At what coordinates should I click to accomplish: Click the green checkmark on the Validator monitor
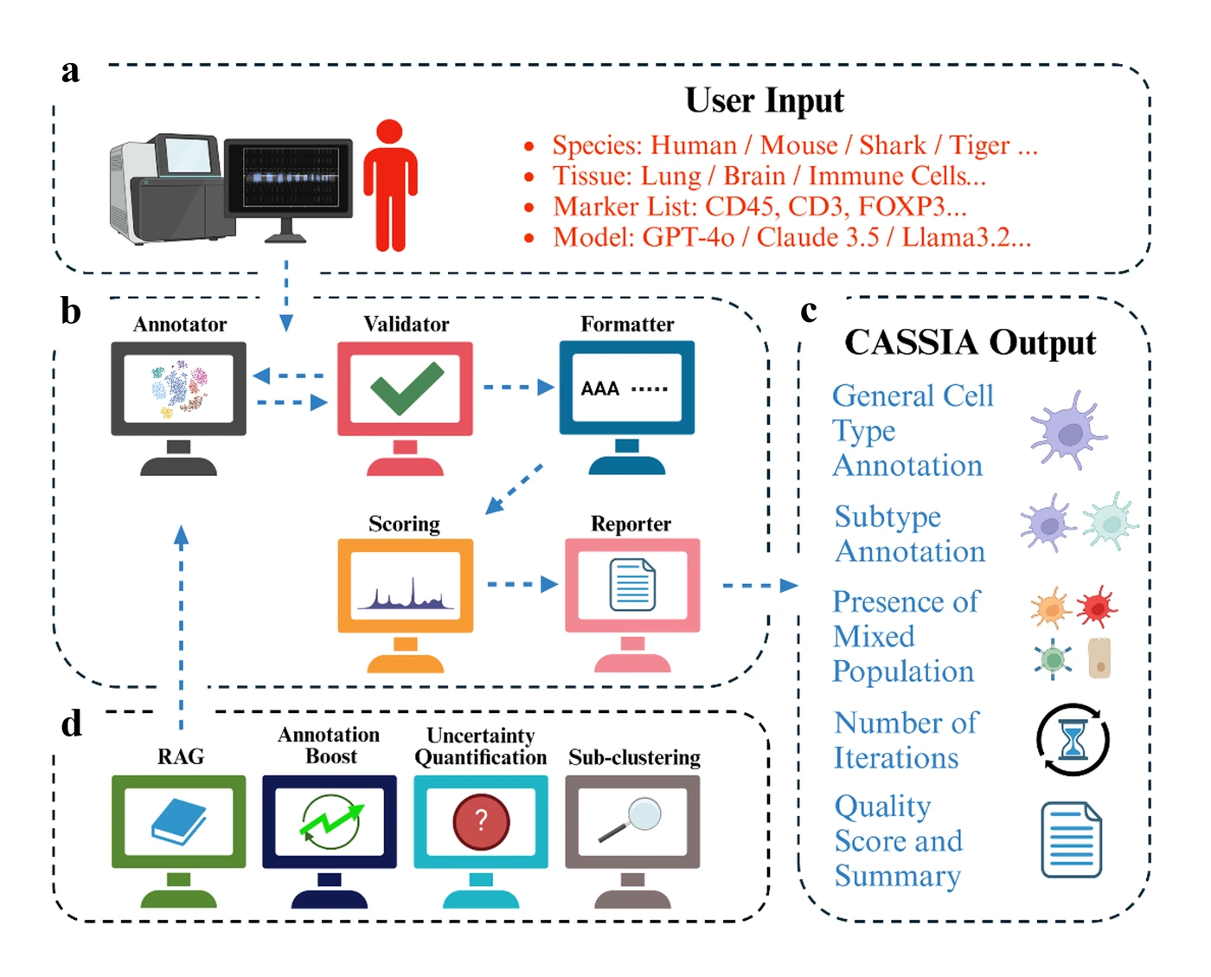point(407,387)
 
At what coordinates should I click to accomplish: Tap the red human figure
point(390,185)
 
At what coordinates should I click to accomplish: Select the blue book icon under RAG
point(179,822)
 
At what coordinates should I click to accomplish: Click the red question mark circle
point(481,820)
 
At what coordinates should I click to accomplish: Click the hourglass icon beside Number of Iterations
point(1073,740)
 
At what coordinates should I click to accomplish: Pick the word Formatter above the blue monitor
point(627,325)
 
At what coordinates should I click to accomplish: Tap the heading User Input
point(764,100)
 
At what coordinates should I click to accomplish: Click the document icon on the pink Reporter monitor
point(632,585)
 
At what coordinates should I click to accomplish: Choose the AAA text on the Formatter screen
point(599,389)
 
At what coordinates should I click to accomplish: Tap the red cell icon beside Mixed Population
point(1096,607)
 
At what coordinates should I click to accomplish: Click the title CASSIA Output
point(970,343)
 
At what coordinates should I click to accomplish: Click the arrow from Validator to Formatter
point(518,387)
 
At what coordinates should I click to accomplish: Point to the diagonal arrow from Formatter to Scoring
point(514,490)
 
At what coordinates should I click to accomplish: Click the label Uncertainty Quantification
point(481,746)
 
